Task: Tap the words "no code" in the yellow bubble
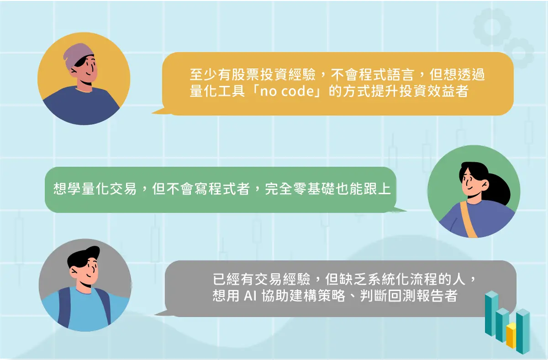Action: pos(287,91)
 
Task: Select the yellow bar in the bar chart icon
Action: pos(511,335)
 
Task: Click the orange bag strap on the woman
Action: pos(468,219)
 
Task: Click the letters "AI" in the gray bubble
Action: pos(250,296)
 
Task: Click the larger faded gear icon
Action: pos(492,27)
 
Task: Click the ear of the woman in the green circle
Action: pos(485,184)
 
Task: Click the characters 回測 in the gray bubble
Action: pos(402,296)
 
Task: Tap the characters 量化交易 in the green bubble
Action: pos(109,189)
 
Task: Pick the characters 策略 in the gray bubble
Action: pos(331,296)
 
